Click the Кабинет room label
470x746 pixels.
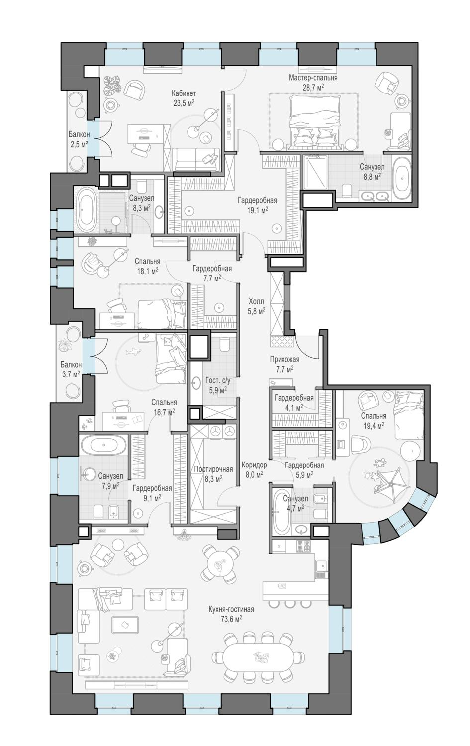click(184, 93)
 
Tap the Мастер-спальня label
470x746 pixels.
click(313, 78)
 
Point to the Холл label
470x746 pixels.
click(257, 302)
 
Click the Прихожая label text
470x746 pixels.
click(284, 360)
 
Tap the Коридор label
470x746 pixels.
click(254, 465)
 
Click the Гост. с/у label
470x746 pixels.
click(218, 381)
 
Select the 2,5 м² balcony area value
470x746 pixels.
click(79, 144)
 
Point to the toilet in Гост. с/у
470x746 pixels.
click(224, 345)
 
